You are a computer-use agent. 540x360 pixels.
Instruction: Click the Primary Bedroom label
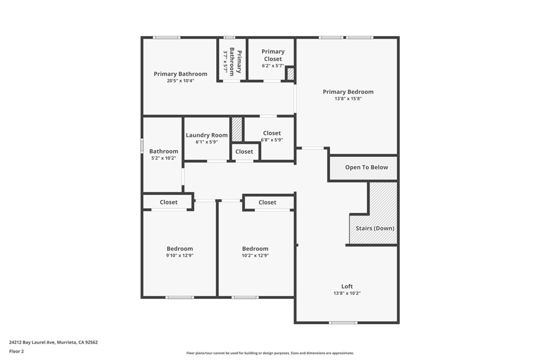348,92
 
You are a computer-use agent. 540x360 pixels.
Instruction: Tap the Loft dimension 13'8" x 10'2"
347,293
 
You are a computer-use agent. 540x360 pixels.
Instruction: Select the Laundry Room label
207,135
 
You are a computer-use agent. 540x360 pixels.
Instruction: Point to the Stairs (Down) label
375,228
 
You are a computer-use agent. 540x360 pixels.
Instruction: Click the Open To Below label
367,167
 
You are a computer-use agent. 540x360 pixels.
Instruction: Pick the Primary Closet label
273,55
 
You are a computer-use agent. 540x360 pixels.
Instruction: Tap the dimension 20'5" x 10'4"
180,81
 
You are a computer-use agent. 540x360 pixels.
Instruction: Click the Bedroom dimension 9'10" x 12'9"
179,255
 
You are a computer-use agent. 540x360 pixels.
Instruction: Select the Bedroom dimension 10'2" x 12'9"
255,255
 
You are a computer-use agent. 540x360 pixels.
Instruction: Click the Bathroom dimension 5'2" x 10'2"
163,158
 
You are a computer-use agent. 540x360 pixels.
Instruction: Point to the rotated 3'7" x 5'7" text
226,61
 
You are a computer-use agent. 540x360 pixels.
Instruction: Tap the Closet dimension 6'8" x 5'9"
272,140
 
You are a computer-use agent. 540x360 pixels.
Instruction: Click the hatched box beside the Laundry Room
237,129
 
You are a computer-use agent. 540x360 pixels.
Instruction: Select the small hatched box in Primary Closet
291,74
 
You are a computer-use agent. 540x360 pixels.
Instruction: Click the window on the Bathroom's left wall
141,145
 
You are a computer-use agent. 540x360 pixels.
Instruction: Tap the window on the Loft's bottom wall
343,323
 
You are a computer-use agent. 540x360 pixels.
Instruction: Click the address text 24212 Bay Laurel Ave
32,343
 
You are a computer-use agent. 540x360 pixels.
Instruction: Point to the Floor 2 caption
16,352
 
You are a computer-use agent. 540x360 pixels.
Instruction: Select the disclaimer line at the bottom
270,353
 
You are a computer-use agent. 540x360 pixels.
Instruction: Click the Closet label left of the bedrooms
168,202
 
